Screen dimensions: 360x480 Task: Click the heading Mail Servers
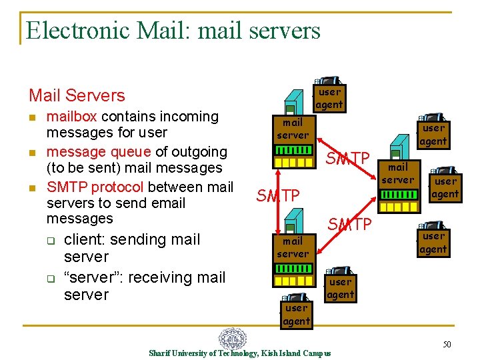tap(77, 95)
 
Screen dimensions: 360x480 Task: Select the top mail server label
tap(293, 129)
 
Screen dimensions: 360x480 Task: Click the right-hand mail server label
tap(398, 173)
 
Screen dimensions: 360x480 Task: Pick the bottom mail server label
tap(293, 247)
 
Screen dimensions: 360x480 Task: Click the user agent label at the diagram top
tap(329, 98)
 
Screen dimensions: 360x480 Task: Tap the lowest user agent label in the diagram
tap(296, 315)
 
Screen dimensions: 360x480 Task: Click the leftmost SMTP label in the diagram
tap(278, 196)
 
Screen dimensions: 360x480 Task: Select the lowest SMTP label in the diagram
tap(349, 225)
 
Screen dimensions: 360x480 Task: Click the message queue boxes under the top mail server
tap(293, 162)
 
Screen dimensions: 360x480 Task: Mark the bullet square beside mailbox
tap(32, 117)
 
